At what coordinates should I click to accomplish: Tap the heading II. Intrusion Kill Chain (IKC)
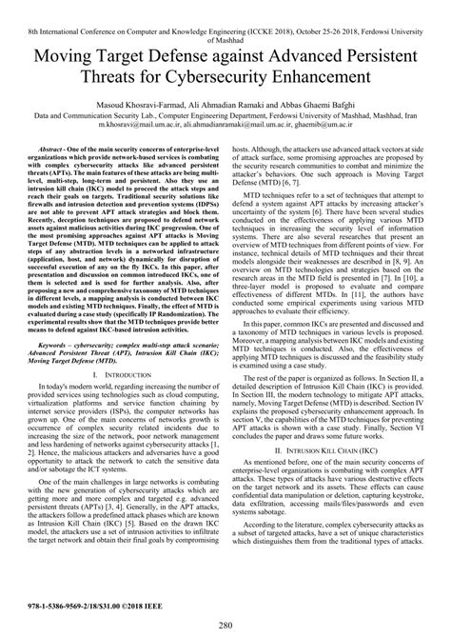click(331, 442)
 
